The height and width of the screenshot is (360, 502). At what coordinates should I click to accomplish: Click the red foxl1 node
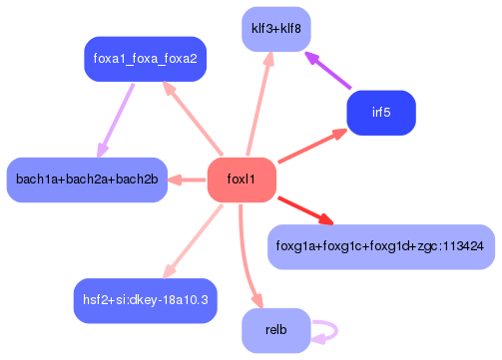241,180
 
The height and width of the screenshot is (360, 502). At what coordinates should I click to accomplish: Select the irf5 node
380,113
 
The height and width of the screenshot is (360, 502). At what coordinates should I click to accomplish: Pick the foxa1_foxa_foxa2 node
145,59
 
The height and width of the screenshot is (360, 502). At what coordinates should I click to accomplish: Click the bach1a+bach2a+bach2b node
87,180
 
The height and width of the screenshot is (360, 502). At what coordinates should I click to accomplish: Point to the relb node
276,330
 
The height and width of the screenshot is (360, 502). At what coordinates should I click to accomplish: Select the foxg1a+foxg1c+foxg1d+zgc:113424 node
380,245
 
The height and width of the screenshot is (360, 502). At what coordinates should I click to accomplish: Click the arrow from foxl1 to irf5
309,147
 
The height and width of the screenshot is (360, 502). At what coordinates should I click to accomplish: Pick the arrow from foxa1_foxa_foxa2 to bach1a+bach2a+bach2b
116,120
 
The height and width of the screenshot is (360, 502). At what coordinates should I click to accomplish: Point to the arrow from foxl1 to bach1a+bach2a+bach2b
187,180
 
